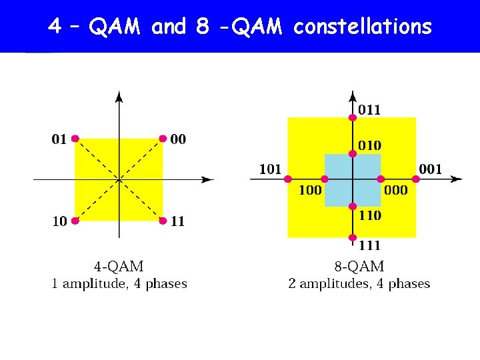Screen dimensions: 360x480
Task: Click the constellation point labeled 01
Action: [x=75, y=139]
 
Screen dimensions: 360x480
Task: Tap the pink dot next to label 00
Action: [x=162, y=139]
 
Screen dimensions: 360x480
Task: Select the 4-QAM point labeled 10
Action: [x=75, y=221]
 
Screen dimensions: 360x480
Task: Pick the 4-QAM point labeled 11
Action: [x=162, y=221]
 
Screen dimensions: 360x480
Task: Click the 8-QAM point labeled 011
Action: [x=353, y=117]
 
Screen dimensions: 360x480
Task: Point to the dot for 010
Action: [x=353, y=154]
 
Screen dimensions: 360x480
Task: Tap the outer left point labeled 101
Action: [x=287, y=179]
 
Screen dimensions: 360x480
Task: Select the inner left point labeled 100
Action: [x=325, y=179]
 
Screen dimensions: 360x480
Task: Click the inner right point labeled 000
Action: [x=381, y=179]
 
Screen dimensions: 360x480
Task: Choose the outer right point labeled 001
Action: [x=416, y=179]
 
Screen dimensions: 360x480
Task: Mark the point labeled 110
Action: [x=353, y=206]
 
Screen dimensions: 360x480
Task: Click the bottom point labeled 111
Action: [x=353, y=237]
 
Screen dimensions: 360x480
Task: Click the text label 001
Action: [x=430, y=169]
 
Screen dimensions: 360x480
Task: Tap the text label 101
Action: [x=270, y=169]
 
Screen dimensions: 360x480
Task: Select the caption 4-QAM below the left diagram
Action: [x=119, y=267]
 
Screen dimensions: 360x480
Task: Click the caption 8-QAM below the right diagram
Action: [x=359, y=267]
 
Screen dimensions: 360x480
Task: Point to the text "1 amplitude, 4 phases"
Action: [x=119, y=284]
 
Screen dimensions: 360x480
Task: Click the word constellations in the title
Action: [x=363, y=27]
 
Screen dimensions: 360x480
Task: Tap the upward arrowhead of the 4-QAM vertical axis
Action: [x=119, y=97]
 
